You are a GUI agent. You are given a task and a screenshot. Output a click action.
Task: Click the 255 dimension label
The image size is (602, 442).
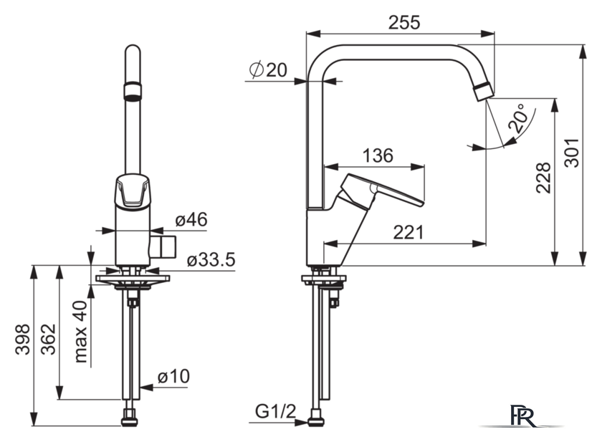coord(404,23)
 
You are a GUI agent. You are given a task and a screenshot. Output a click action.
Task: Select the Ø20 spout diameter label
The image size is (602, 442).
coord(268,69)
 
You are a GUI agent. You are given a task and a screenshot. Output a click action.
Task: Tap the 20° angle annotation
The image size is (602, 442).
coord(517,117)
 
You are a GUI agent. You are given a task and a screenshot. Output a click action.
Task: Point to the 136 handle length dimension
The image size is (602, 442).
coord(378,155)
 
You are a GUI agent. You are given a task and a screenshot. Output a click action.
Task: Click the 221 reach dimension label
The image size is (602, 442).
coord(408,232)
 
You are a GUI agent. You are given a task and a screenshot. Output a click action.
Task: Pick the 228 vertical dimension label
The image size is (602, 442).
coord(543,178)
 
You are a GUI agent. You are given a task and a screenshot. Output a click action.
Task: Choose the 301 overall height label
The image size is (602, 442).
coord(572,153)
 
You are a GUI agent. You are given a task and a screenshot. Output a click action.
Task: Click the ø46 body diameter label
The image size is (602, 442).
coord(191,219)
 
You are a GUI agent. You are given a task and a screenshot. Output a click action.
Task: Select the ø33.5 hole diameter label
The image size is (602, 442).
coord(211,260)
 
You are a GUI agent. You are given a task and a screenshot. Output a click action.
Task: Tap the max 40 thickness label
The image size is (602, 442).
coord(81,332)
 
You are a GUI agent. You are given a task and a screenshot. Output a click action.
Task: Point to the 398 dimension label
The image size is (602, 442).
coord(23,339)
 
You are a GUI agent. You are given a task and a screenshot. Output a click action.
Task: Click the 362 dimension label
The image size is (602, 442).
coord(49,339)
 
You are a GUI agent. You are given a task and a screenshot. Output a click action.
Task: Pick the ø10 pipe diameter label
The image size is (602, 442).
coord(173,376)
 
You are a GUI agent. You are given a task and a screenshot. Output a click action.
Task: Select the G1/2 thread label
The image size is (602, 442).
coord(276,412)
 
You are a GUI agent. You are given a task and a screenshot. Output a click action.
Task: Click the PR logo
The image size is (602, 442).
coord(522,415)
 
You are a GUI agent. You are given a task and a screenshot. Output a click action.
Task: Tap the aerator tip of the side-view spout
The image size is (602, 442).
coord(484,92)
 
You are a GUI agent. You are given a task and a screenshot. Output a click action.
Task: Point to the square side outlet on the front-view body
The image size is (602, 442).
coord(163,246)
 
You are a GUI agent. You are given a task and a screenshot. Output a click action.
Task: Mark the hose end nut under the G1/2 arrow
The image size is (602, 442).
coord(316,418)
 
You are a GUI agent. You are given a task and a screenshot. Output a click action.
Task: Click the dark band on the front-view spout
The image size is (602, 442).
coord(133,92)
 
